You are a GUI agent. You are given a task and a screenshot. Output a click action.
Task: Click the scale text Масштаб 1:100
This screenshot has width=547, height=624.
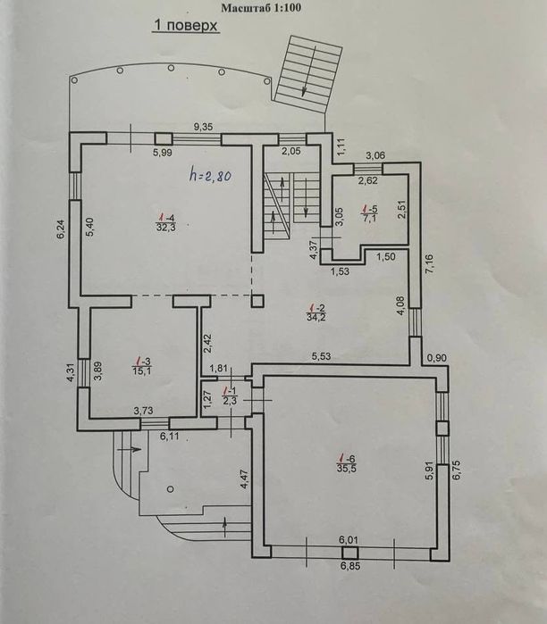point(261,7)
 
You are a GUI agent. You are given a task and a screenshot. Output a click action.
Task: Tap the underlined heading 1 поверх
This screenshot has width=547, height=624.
point(186,26)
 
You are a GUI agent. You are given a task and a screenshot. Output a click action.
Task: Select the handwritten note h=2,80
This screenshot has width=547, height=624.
point(210,175)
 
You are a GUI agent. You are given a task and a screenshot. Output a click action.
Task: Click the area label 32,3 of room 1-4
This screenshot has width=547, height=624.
point(165,228)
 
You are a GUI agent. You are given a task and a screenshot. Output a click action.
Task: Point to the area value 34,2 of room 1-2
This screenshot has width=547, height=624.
point(316,317)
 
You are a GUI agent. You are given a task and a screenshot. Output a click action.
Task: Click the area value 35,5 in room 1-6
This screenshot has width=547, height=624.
point(346,468)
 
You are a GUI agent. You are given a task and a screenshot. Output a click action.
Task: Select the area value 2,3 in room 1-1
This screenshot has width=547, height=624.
point(231,401)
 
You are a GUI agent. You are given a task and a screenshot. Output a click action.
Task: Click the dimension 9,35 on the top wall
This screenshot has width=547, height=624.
point(203,127)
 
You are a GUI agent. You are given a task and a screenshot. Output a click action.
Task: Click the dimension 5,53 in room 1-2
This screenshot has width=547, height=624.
point(321,356)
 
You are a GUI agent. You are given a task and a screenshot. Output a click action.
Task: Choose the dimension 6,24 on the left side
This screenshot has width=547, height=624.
point(60,230)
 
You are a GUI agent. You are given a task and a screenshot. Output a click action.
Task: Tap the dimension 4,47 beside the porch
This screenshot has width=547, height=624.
point(245,478)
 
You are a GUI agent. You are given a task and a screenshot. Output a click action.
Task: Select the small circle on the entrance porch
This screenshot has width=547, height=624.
point(171,488)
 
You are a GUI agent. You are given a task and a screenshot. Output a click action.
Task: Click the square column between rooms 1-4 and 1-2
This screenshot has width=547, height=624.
point(257,301)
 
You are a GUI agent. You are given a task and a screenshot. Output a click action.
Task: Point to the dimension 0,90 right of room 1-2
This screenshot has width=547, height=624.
point(437,358)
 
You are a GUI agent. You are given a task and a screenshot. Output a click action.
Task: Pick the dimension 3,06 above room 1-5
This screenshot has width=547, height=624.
point(375,155)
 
